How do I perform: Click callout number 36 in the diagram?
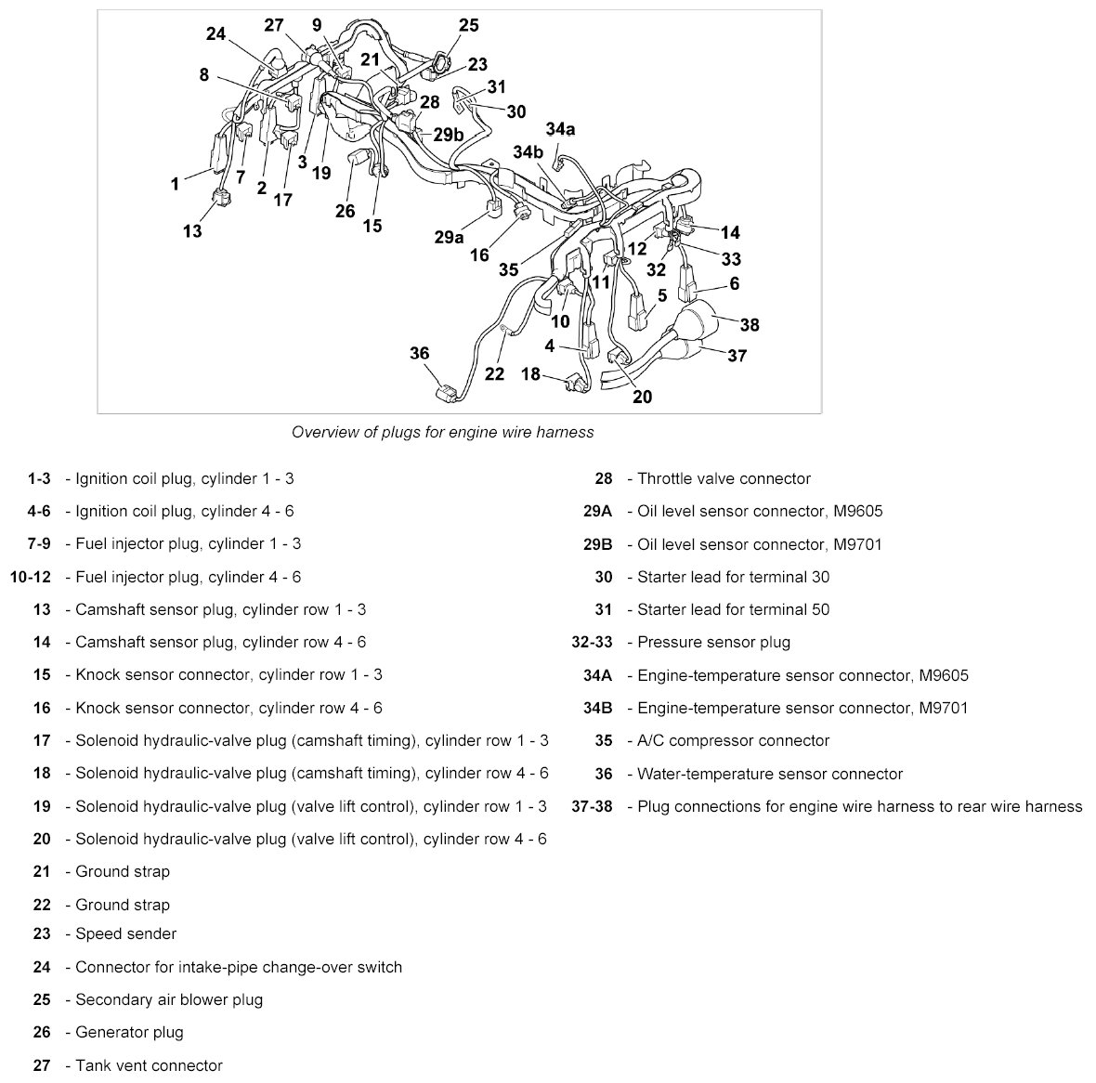[x=420, y=353]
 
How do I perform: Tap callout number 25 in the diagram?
[x=469, y=25]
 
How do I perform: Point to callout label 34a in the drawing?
[x=560, y=128]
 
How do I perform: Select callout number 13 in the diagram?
[x=192, y=230]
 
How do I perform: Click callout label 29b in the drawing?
[x=449, y=134]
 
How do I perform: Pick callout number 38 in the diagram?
[x=749, y=324]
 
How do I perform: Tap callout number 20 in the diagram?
[x=642, y=397]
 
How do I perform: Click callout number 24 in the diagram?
[x=215, y=34]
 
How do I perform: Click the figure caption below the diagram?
[x=442, y=432]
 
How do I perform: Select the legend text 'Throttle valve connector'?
[x=724, y=479]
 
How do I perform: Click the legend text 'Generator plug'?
[x=129, y=1032]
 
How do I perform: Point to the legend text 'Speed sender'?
[x=125, y=933]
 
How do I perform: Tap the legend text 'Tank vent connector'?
[x=149, y=1065]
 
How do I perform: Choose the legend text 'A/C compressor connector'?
[x=733, y=740]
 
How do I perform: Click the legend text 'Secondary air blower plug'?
[x=169, y=999]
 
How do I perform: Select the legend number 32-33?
[x=592, y=642]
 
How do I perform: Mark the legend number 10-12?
[x=30, y=577]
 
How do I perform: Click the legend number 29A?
[x=598, y=511]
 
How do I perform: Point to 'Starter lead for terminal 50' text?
[x=733, y=609]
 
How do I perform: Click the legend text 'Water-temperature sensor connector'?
[x=770, y=774]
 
